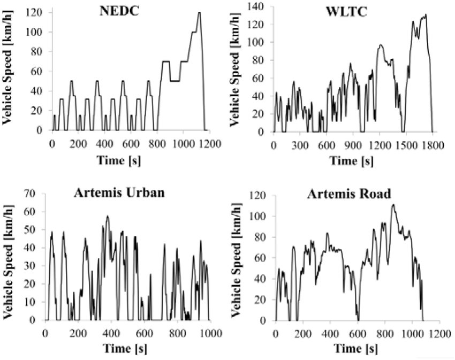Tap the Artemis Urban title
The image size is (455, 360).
pyautogui.click(x=115, y=193)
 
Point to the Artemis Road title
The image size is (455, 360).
pyautogui.click(x=346, y=193)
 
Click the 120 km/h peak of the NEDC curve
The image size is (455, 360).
pyautogui.click(x=199, y=12)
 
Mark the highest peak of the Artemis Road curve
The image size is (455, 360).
pyautogui.click(x=393, y=204)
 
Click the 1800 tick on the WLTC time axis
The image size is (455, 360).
pyautogui.click(x=432, y=143)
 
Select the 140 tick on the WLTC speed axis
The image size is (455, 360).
pyautogui.click(x=259, y=6)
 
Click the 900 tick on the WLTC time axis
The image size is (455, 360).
pyautogui.click(x=352, y=143)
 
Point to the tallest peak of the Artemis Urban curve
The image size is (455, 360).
pyautogui.click(x=107, y=216)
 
